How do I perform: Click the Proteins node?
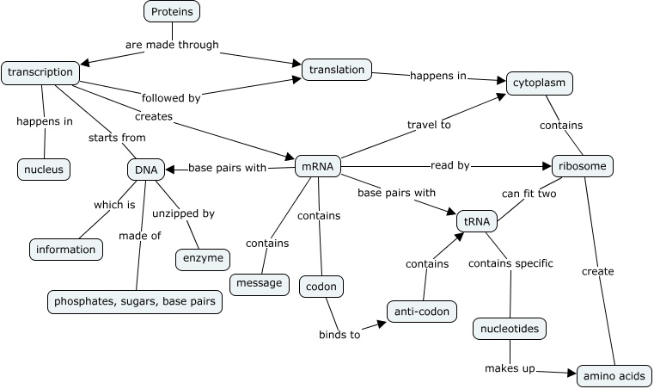(x=172, y=11)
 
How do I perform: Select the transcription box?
(x=40, y=72)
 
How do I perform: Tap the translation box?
(x=337, y=70)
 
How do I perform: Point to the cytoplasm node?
(x=539, y=83)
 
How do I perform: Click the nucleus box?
(x=43, y=170)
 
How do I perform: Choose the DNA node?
(x=146, y=170)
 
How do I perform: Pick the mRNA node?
(x=318, y=166)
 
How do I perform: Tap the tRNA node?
(x=477, y=221)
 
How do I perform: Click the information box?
(x=66, y=250)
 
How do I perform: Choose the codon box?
(x=321, y=286)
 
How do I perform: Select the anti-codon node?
(x=420, y=311)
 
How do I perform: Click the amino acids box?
(x=613, y=376)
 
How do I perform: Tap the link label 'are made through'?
(x=172, y=44)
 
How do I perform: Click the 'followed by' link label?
(x=172, y=98)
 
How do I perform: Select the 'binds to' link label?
(x=339, y=335)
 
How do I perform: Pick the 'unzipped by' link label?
(x=183, y=213)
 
